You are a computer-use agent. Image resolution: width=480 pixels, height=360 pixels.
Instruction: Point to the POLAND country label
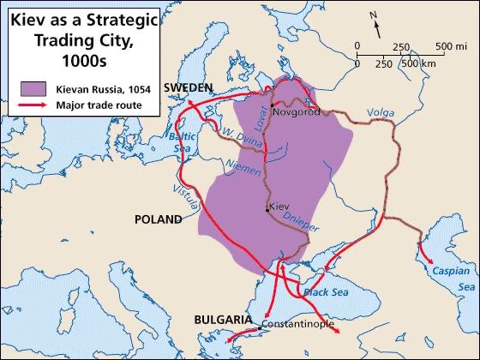tap(159, 219)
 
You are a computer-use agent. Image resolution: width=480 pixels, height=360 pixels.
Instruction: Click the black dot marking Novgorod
tap(272, 105)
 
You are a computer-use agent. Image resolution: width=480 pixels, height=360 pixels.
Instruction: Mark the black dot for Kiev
tap(267, 207)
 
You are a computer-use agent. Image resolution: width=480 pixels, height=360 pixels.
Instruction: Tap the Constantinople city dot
tap(260, 327)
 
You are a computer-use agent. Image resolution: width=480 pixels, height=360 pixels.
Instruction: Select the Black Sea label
tap(323, 292)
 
